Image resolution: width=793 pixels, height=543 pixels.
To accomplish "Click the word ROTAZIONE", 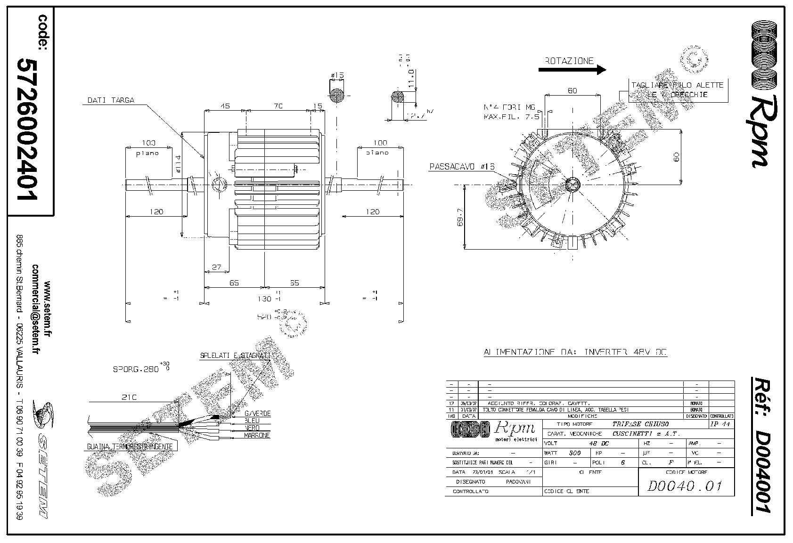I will pyautogui.click(x=569, y=61).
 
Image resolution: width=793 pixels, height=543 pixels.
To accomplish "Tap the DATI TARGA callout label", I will pyautogui.click(x=111, y=100).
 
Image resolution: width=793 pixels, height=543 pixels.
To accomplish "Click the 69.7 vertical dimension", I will pyautogui.click(x=460, y=218).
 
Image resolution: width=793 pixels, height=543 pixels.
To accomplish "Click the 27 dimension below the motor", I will pyautogui.click(x=216, y=267).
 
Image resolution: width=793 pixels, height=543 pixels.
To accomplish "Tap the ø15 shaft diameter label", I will pyautogui.click(x=337, y=75).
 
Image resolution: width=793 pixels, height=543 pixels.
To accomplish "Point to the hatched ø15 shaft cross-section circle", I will pyautogui.click(x=337, y=96).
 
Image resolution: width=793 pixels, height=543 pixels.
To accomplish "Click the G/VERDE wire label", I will pyautogui.click(x=257, y=413).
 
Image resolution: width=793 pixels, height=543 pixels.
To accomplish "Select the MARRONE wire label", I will pyautogui.click(x=257, y=436).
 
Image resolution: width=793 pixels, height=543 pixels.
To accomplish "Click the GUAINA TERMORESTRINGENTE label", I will pyautogui.click(x=130, y=446).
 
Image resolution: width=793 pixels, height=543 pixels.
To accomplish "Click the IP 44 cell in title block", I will pyautogui.click(x=721, y=424).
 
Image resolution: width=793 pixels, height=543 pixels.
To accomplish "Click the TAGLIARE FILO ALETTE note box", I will pyautogui.click(x=679, y=90).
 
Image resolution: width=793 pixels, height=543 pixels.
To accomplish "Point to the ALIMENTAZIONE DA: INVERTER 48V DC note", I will pyautogui.click(x=575, y=352).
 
